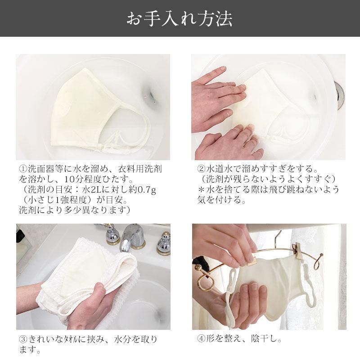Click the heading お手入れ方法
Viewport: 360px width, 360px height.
pyautogui.click(x=180, y=18)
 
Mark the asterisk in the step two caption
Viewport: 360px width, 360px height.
pyautogui.click(x=201, y=189)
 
